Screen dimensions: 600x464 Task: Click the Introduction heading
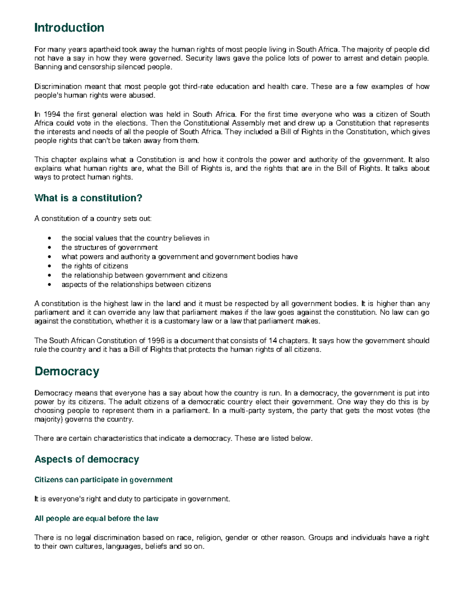(69, 28)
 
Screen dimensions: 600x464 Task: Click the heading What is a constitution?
(88, 198)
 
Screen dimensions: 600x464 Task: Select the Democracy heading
(67, 371)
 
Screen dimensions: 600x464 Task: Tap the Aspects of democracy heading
(87, 459)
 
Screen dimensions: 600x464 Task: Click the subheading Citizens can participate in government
(103, 480)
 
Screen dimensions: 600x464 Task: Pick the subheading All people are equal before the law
(96, 518)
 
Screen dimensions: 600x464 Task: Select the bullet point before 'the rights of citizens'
(49, 266)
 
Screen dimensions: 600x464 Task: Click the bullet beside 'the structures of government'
(49, 248)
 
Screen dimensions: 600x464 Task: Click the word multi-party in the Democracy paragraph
(246, 411)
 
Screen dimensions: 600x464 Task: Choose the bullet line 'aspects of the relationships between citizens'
(136, 285)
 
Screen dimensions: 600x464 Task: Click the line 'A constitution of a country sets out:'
(93, 219)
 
